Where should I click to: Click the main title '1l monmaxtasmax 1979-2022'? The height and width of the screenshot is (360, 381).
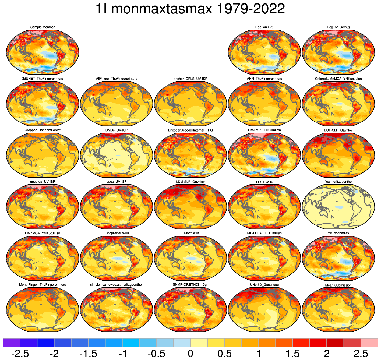[190, 9]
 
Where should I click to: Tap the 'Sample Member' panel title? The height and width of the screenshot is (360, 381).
[43, 27]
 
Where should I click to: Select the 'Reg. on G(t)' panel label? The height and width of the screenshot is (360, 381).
[264, 27]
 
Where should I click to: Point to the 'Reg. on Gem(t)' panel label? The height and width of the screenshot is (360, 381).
[338, 27]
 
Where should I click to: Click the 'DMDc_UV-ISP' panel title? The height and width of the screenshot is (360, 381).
[117, 130]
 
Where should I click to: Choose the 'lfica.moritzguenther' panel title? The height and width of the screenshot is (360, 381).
[338, 182]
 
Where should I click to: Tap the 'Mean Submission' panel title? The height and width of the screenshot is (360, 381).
[338, 285]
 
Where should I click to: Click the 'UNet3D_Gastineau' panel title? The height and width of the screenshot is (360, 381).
[264, 285]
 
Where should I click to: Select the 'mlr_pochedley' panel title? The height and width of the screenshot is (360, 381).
[338, 233]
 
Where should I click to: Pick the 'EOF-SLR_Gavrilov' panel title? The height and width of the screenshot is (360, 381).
[338, 130]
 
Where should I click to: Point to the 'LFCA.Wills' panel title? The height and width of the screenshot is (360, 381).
[264, 182]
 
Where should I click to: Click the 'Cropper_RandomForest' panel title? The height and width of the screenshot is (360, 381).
[43, 130]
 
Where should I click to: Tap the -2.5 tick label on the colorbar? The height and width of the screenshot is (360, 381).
[20, 354]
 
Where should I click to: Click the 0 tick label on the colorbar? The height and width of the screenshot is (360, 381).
[190, 354]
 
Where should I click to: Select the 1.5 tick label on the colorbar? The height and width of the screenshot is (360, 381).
[292, 354]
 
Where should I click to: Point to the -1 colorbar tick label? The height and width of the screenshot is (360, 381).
[122, 354]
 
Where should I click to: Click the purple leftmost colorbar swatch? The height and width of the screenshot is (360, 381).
[11, 343]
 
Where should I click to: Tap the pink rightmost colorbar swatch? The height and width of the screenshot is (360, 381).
[369, 343]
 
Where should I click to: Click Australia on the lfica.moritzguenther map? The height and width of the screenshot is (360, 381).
[323, 213]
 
